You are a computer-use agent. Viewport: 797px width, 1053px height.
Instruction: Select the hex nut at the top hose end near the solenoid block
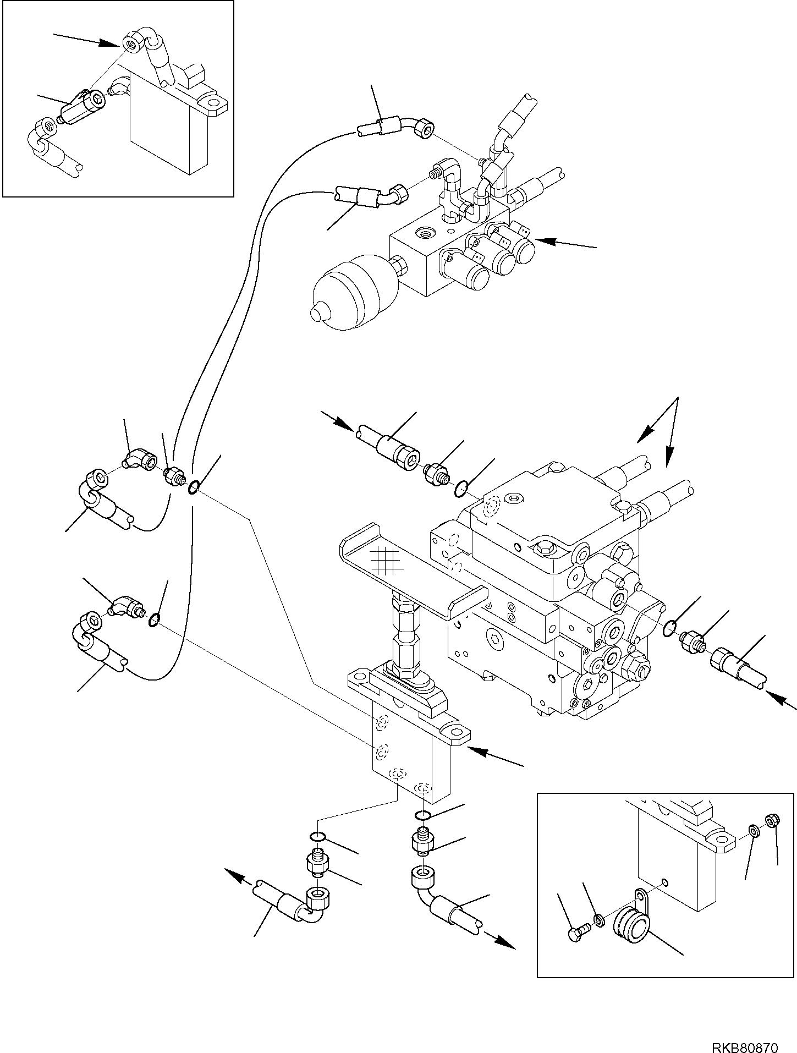pos(425,130)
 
